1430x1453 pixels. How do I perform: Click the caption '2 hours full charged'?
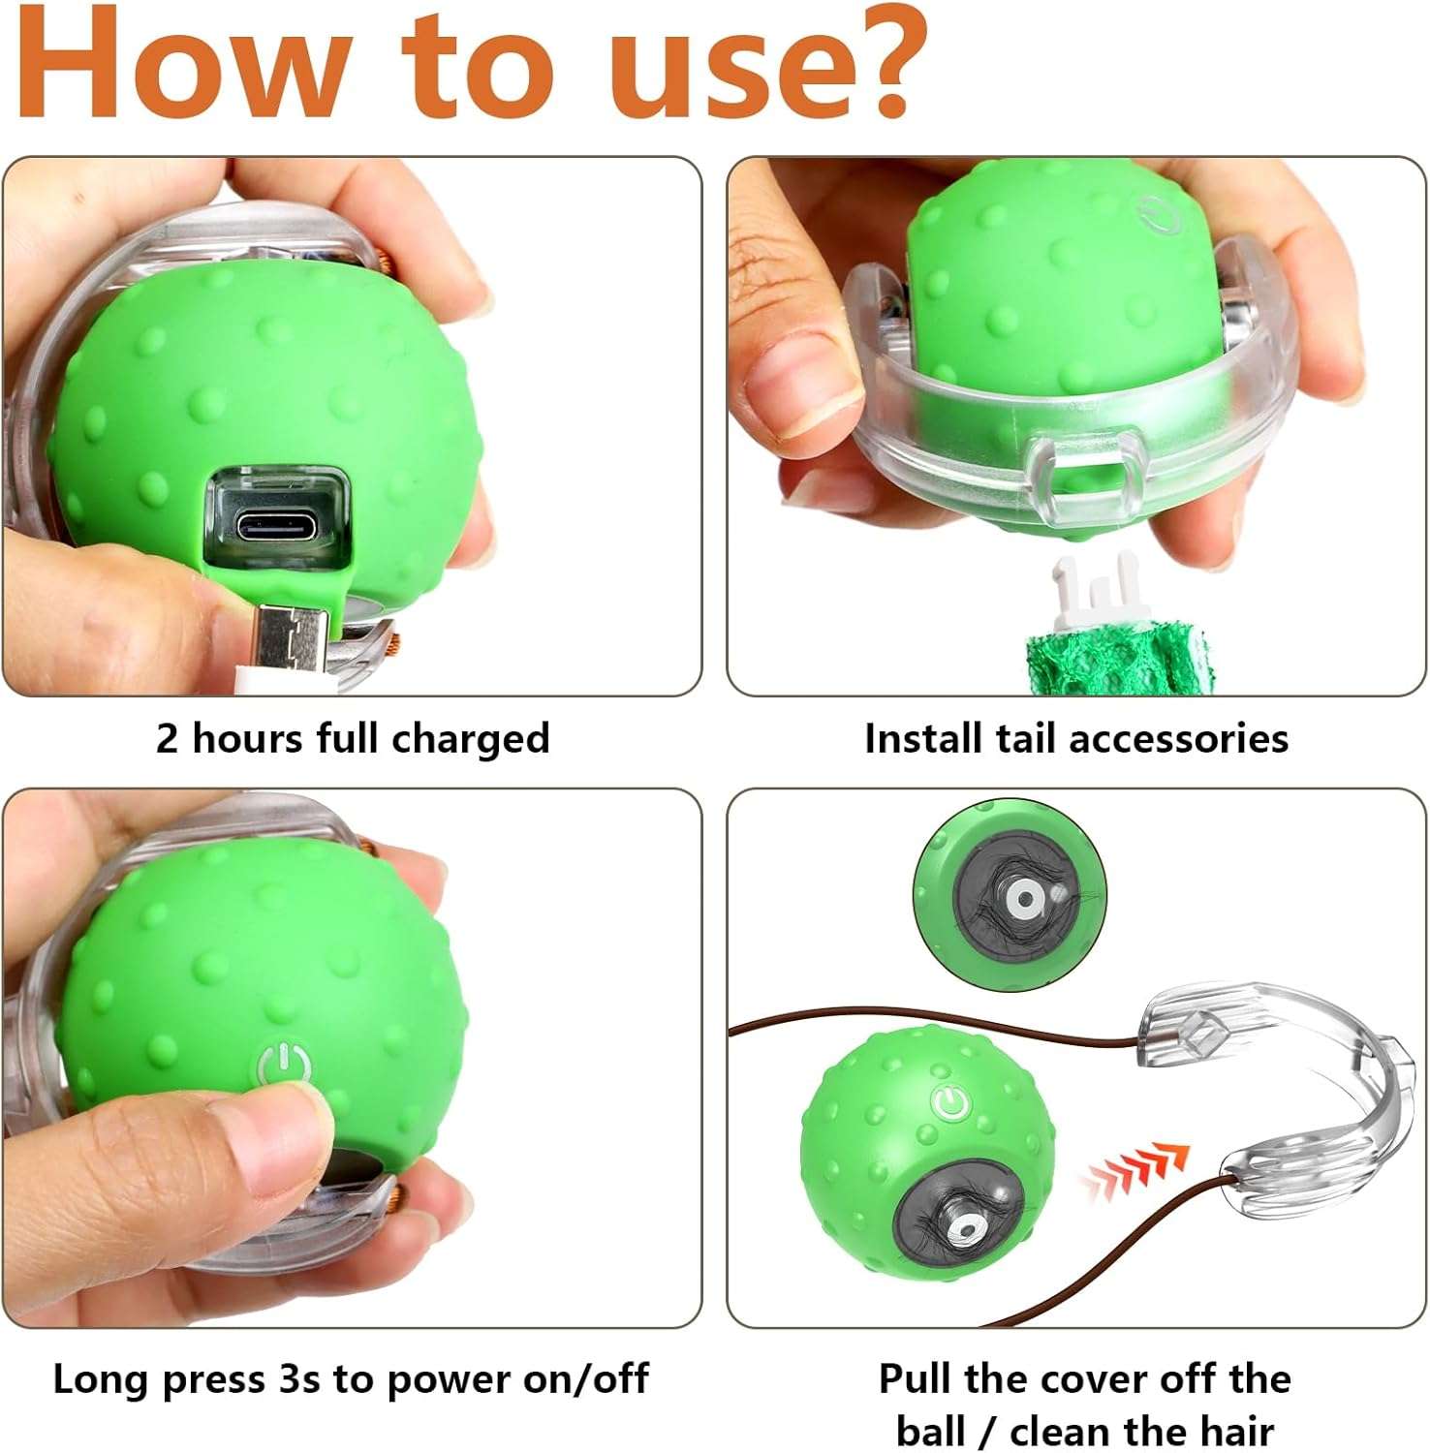tap(353, 738)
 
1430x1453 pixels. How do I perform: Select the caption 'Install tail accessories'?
tap(1075, 738)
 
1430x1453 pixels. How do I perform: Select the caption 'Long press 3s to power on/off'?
tap(351, 1378)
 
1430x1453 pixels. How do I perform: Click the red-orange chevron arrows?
tap(1134, 1172)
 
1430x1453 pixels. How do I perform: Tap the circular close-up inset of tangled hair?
tap(1010, 896)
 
